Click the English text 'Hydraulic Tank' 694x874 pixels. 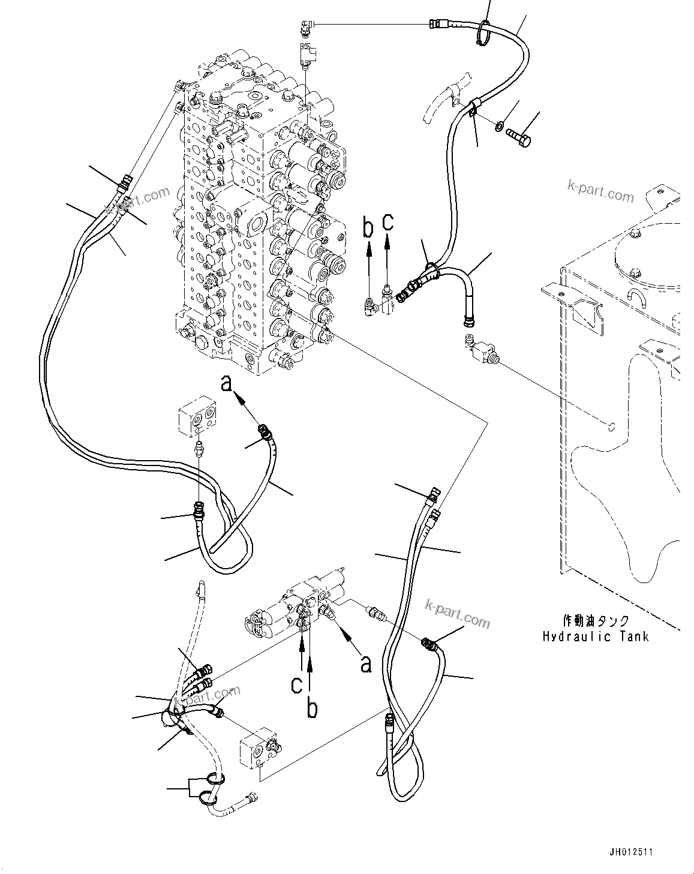[595, 636]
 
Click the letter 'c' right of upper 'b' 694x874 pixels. [389, 221]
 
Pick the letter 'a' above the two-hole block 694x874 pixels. [227, 382]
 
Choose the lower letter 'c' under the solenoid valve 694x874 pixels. [296, 685]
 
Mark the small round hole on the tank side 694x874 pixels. [610, 427]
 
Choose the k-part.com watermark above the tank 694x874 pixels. [600, 193]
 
